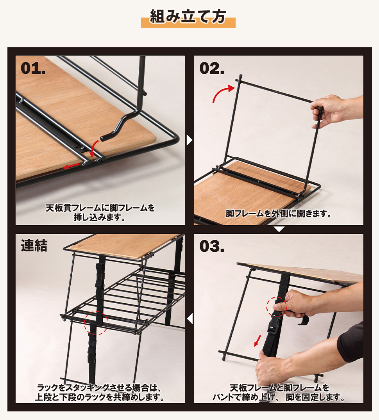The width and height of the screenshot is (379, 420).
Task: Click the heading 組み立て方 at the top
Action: click(x=188, y=17)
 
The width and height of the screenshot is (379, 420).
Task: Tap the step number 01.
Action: click(x=33, y=68)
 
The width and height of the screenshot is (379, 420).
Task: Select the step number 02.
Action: click(x=212, y=68)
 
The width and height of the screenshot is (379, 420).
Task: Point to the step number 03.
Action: click(x=212, y=246)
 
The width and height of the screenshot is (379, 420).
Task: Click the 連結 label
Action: click(x=34, y=246)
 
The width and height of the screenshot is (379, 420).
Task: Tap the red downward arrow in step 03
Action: click(x=257, y=340)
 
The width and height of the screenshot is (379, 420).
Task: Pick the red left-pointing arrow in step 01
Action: click(x=71, y=166)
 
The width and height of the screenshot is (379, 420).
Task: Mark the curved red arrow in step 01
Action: click(x=93, y=149)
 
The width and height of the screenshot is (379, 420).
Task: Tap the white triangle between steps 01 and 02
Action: click(x=189, y=140)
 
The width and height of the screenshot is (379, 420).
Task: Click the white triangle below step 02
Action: click(x=279, y=229)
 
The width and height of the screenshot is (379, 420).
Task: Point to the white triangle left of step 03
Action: click(x=190, y=319)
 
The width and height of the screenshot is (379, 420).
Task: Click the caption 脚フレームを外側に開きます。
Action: click(x=279, y=214)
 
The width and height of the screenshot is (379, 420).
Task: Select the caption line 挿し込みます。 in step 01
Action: click(x=100, y=217)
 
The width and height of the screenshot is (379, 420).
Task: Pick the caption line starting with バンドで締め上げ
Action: click(x=279, y=397)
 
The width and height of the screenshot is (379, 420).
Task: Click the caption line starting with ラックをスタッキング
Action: click(x=99, y=388)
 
